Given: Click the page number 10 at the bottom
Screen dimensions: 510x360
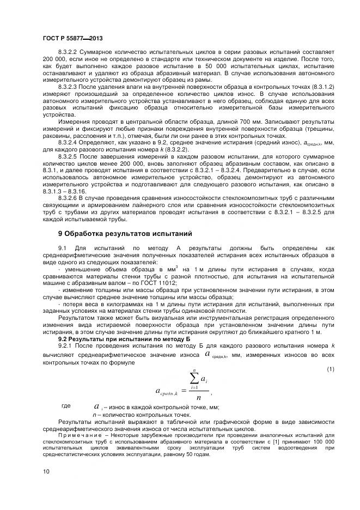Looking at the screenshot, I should click(x=46, y=471).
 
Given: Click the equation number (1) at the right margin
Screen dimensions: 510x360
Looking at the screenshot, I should click(x=330, y=371).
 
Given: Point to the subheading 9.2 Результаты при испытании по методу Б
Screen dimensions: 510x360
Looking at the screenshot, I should click(x=115, y=339).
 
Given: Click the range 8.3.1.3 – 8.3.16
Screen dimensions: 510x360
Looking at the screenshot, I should click(x=66, y=192).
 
